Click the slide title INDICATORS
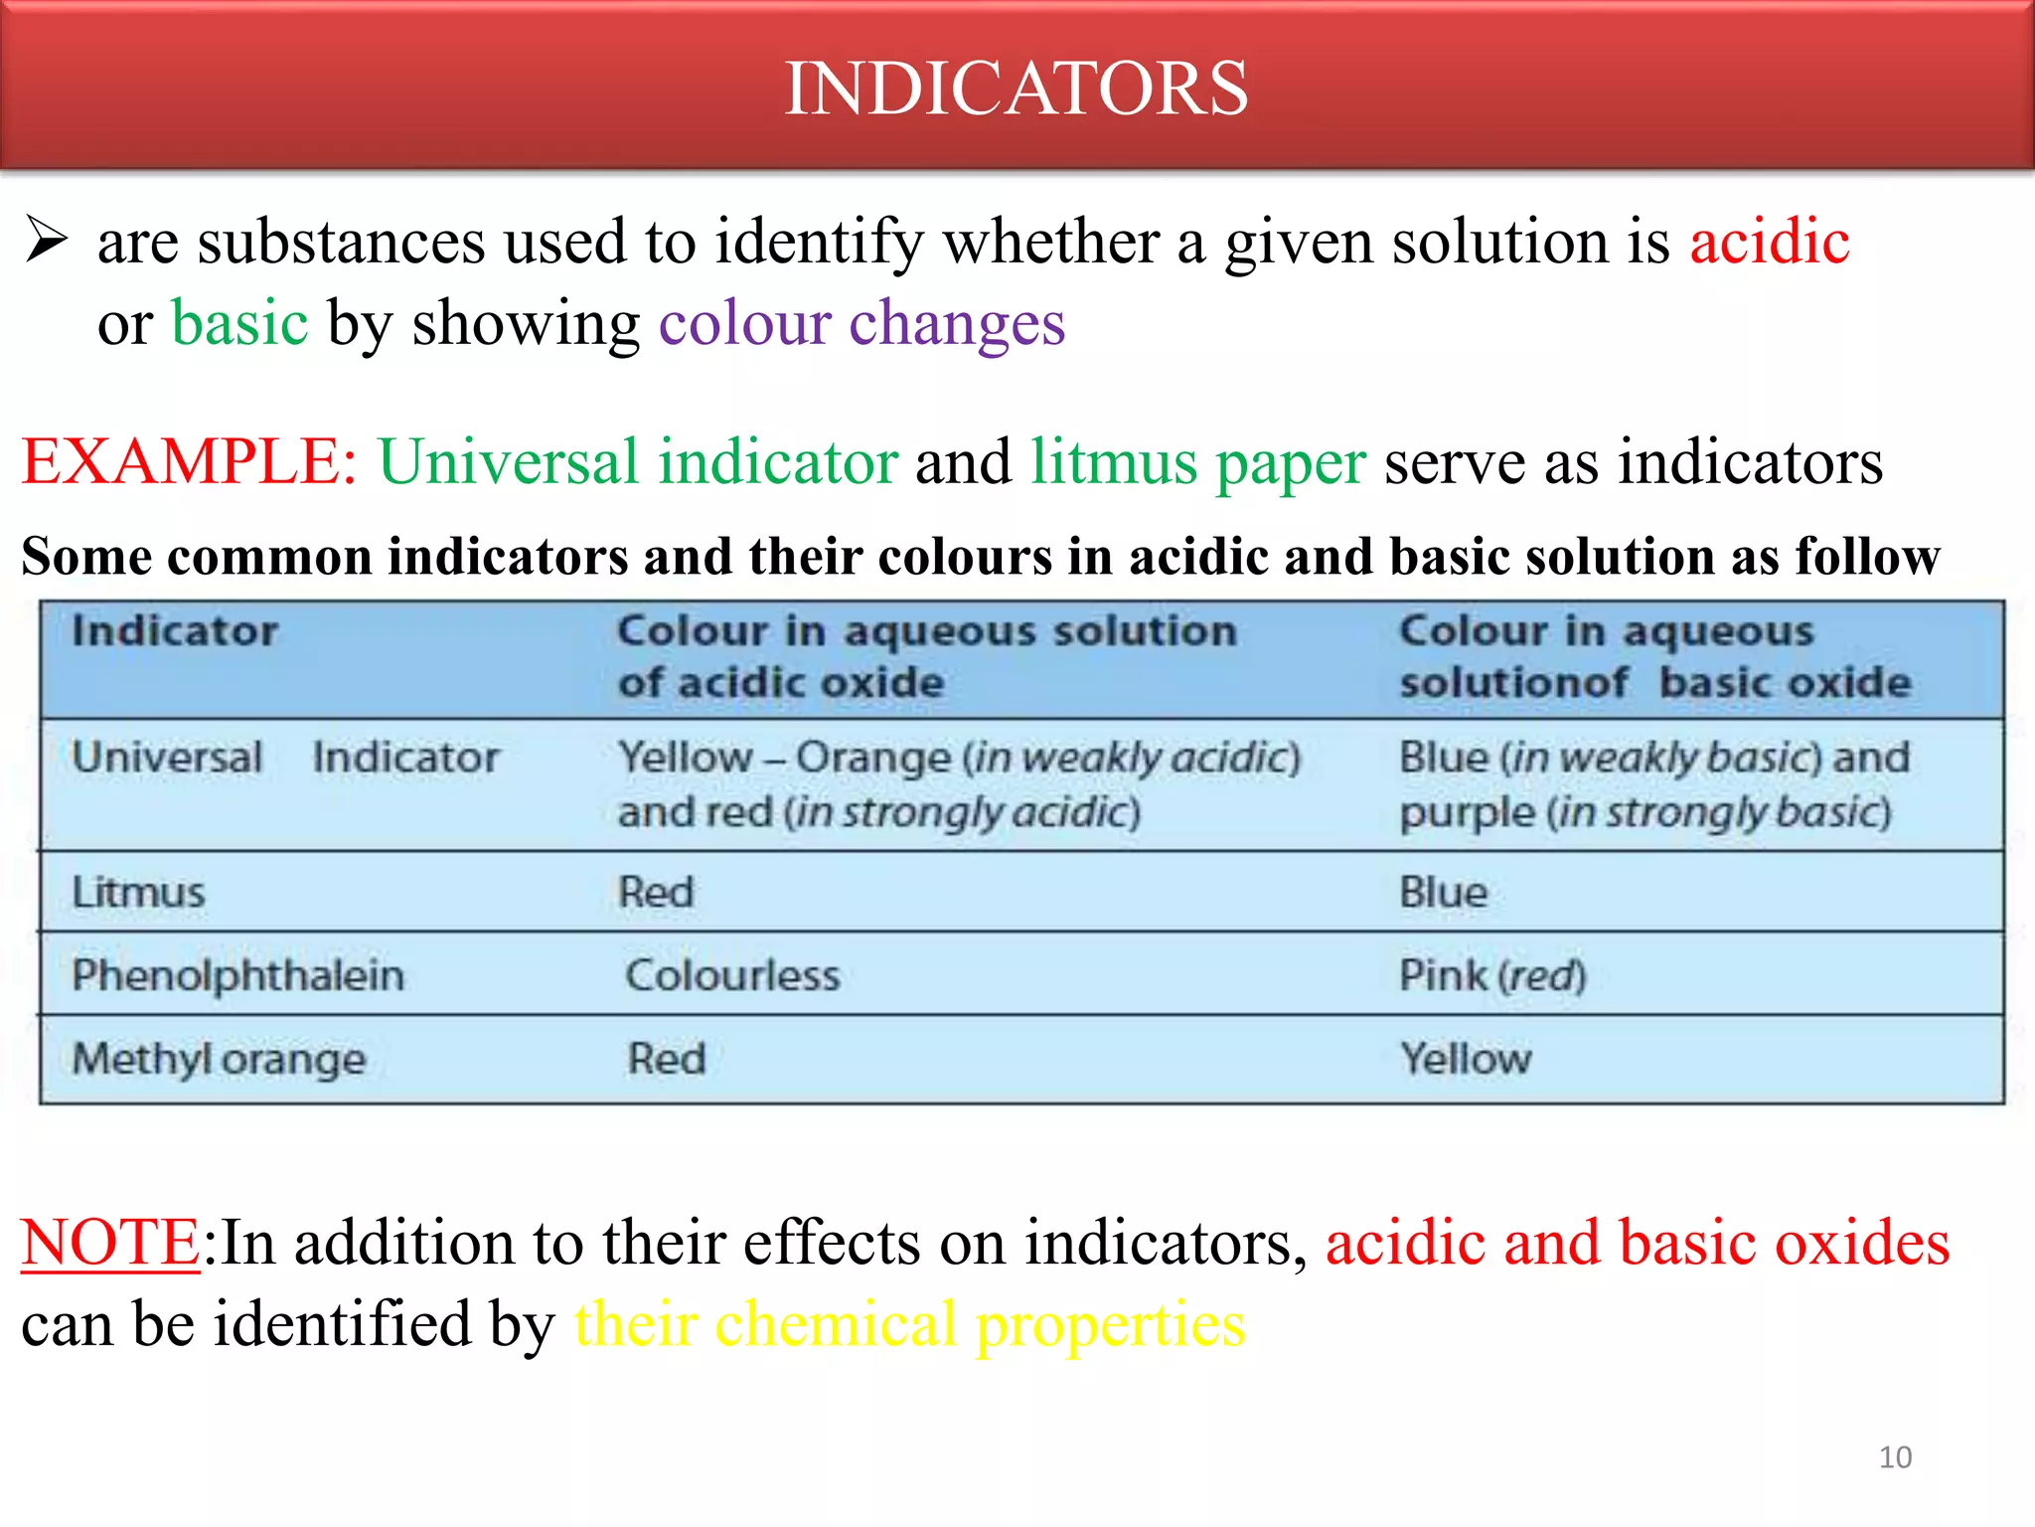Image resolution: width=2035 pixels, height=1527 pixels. pos(1016,88)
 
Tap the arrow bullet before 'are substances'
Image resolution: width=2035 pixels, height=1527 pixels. pos(47,242)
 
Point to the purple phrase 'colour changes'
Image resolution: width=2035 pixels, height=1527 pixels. pos(861,324)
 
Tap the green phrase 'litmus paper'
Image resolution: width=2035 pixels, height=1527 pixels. pos(1197,463)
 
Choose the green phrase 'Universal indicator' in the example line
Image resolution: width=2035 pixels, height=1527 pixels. pos(638,462)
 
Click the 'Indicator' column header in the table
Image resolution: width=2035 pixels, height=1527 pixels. pos(175,631)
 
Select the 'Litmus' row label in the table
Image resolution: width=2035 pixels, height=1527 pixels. pos(138,892)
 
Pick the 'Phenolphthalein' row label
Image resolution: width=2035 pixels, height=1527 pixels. pos(238,975)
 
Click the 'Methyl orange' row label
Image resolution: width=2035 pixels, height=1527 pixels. pos(220,1059)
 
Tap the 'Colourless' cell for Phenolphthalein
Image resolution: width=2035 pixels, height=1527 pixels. pos(732,975)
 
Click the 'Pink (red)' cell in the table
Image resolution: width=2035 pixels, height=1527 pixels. pos(1492,975)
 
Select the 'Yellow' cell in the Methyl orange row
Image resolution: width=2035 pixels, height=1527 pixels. pos(1466,1059)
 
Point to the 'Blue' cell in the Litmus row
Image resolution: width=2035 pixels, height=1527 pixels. pos(1443,892)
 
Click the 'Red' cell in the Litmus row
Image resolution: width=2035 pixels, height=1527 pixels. pos(656,892)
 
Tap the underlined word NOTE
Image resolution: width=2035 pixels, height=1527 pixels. pos(111,1243)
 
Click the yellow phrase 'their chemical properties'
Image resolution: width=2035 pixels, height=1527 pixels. pos(909,1324)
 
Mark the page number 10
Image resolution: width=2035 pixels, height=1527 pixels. pos(1895,1457)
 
